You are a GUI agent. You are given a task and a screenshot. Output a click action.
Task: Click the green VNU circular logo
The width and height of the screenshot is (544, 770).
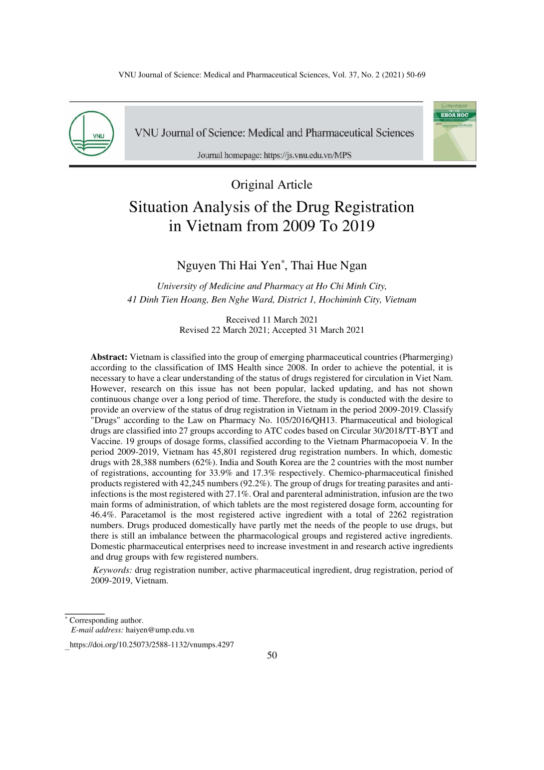pos(91,133)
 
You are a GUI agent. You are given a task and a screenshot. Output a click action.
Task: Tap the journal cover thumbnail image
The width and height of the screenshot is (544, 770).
pos(454,131)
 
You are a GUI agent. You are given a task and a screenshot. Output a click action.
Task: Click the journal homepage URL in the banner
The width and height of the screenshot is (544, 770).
pos(307,155)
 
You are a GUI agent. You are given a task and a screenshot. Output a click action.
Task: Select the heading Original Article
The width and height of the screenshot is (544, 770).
pos(272,185)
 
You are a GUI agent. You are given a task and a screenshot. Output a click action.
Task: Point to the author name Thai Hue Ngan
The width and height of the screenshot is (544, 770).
pos(329,265)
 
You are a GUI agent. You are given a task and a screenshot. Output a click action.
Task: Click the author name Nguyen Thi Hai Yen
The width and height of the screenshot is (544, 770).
pos(229,265)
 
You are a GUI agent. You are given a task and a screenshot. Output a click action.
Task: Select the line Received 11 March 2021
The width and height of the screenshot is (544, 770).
pos(272,320)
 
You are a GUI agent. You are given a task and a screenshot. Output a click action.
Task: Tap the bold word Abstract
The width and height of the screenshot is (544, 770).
pos(109,357)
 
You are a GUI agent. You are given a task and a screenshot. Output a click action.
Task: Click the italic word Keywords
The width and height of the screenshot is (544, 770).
pos(113,570)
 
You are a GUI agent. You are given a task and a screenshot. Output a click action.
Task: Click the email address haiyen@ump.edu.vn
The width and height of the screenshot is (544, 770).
pos(160,630)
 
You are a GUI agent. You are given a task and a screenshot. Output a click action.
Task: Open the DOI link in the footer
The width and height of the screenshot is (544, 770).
pos(152,645)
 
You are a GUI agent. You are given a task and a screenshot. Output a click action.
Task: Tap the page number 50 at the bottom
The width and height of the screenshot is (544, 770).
pos(272,656)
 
